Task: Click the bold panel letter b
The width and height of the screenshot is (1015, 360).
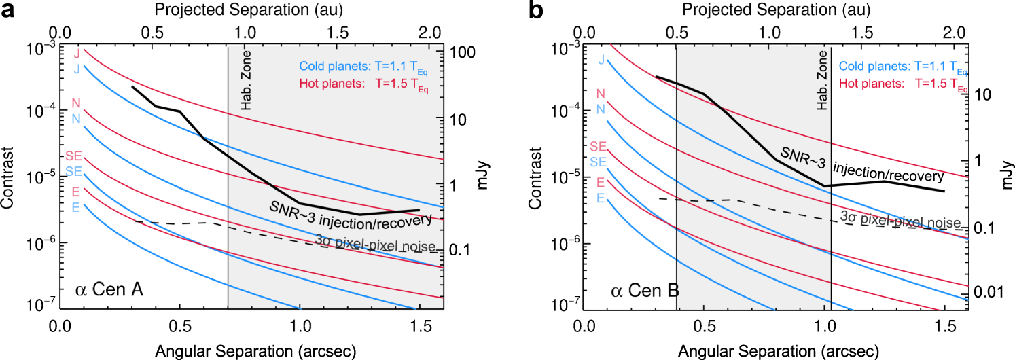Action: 531,12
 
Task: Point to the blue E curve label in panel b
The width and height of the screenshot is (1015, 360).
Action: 601,198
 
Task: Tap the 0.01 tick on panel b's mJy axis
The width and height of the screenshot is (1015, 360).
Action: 989,291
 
